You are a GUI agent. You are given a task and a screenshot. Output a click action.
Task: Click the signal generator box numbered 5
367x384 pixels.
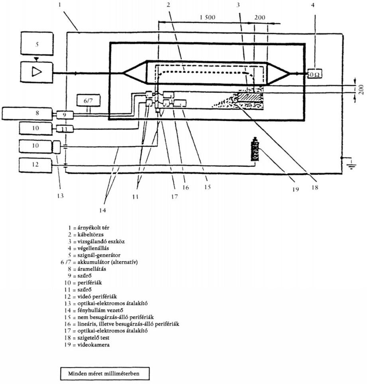pyautogui.click(x=37, y=43)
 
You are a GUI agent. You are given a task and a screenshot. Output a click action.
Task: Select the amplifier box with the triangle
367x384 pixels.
pyautogui.click(x=37, y=72)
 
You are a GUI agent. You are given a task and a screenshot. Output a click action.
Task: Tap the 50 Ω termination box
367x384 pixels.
pyautogui.click(x=314, y=74)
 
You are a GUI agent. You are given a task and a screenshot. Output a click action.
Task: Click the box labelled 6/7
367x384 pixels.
pyautogui.click(x=88, y=100)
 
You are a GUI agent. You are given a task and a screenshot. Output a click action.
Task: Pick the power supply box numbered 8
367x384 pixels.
pyautogui.click(x=27, y=114)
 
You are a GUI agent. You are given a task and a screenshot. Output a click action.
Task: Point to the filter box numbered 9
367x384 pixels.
pyautogui.click(x=65, y=115)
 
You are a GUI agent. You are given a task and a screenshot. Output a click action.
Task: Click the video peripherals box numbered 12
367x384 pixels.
pyautogui.click(x=35, y=165)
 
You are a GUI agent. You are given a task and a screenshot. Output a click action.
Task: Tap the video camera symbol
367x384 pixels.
pyautogui.click(x=255, y=149)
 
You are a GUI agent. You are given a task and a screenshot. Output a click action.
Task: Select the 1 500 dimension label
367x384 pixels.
pyautogui.click(x=208, y=18)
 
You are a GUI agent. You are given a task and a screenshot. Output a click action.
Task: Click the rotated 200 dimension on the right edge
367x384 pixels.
pyautogui.click(x=361, y=90)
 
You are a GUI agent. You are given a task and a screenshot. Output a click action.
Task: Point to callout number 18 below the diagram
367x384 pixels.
pyautogui.click(x=314, y=187)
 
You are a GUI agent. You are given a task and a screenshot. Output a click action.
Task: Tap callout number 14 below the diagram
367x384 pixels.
pyautogui.click(x=103, y=210)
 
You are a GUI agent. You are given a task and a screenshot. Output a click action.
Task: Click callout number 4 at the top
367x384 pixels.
pyautogui.click(x=313, y=5)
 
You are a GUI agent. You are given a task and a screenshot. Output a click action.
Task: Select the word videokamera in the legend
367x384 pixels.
pyautogui.click(x=94, y=345)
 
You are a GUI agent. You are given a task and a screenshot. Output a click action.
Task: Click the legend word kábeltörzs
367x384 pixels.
pyautogui.click(x=90, y=235)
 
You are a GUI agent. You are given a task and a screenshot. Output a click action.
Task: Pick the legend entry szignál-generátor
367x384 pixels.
pyautogui.click(x=99, y=255)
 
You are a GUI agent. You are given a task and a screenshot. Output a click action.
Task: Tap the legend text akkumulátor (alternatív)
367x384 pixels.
pyautogui.click(x=108, y=262)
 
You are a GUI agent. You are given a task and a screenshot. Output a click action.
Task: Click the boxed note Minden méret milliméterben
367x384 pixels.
pyautogui.click(x=105, y=374)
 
